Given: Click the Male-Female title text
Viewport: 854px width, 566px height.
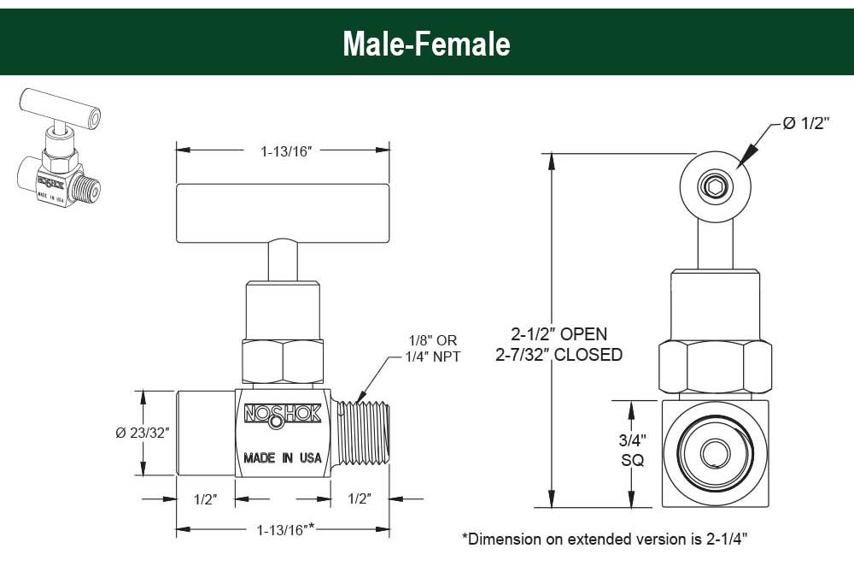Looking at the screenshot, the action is tap(426, 44).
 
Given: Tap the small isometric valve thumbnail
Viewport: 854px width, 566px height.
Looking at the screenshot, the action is tap(60, 147).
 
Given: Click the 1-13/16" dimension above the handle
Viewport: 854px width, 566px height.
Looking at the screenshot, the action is tap(285, 151).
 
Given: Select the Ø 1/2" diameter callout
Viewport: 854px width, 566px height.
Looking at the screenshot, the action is tap(805, 123).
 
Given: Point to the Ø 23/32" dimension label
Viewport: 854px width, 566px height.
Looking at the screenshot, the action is tap(143, 433).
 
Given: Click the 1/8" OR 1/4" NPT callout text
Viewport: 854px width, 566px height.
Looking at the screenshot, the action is tap(433, 349).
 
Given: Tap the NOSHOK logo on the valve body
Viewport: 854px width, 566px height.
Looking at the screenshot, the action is tap(282, 415).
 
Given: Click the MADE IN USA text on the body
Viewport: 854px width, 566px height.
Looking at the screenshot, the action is tap(282, 457).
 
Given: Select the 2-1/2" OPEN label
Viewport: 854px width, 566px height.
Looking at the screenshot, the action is tap(559, 333).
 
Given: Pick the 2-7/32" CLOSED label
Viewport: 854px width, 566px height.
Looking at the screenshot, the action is tap(559, 355).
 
